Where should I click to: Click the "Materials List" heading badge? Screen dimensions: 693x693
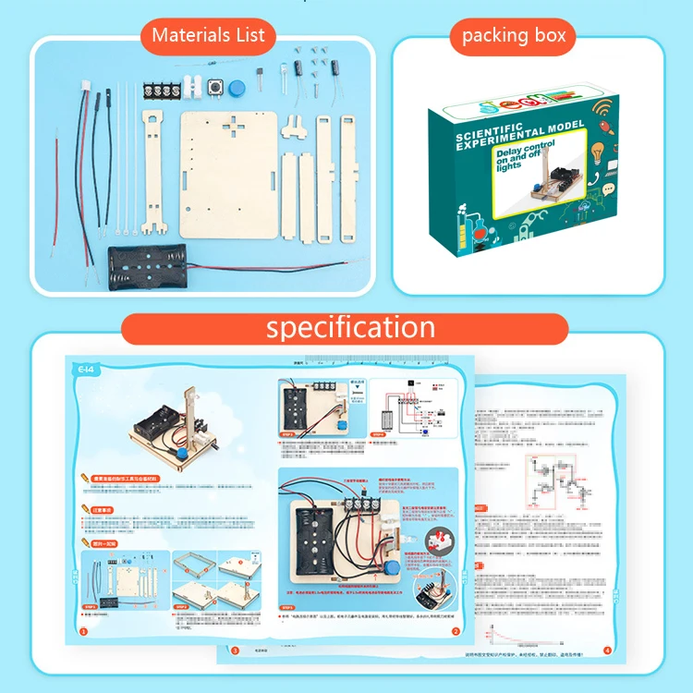(x=208, y=36)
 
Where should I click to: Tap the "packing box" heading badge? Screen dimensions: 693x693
(x=514, y=37)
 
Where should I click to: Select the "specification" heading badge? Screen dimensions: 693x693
(x=346, y=328)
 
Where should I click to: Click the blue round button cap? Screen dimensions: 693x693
(x=237, y=89)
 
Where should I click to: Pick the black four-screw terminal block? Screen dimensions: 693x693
(x=161, y=91)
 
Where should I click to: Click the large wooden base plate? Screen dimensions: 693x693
(x=228, y=170)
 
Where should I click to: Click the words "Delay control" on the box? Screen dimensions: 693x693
(x=526, y=149)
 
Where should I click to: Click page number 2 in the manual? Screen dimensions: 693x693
(x=455, y=632)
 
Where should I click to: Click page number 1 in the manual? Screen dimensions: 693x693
(x=84, y=632)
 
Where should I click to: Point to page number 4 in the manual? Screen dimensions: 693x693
(x=606, y=650)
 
